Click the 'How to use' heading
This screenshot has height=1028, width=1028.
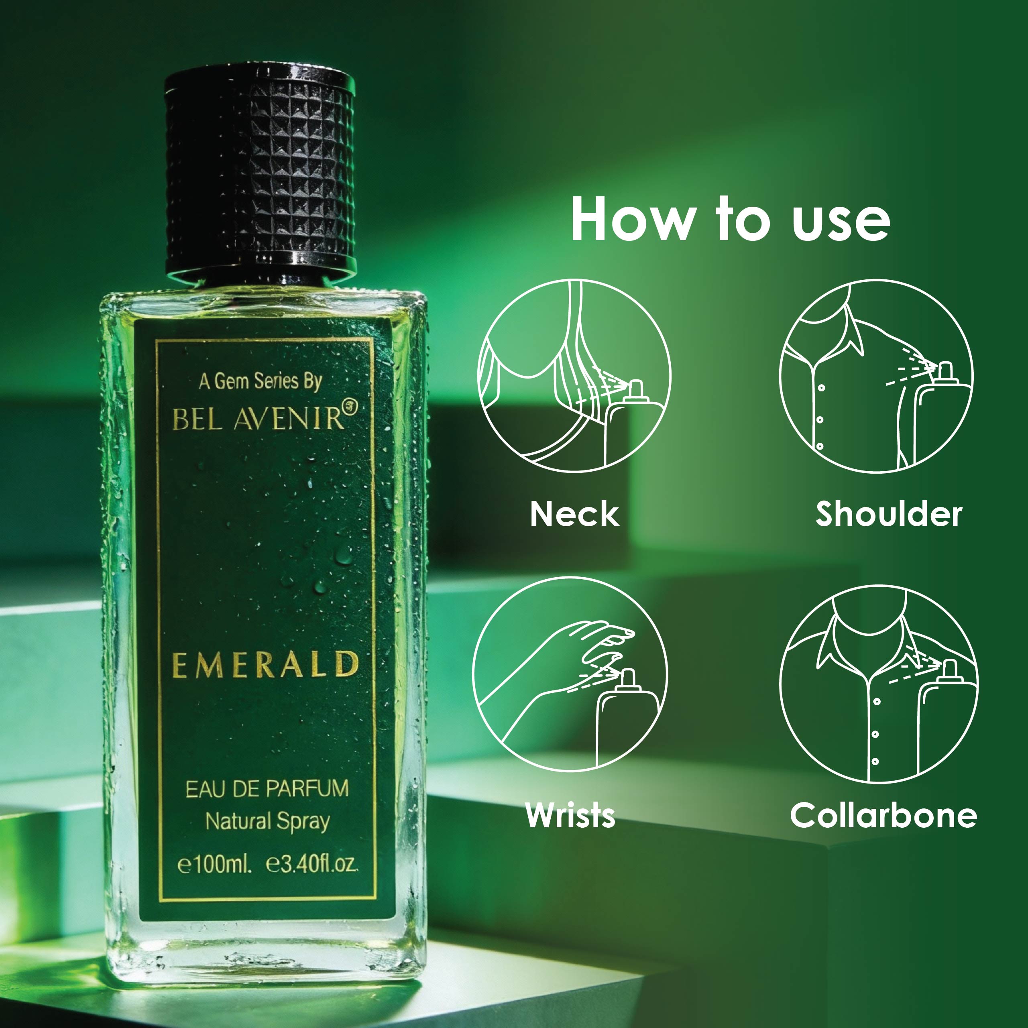[x=730, y=219]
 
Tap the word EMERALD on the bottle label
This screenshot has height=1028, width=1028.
[x=265, y=665]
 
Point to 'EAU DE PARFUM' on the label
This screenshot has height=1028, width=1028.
[x=267, y=788]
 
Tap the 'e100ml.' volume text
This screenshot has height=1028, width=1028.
[x=214, y=864]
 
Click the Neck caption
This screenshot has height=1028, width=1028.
[x=575, y=514]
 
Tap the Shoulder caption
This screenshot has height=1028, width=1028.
[x=889, y=514]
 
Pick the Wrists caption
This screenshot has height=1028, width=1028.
[x=570, y=815]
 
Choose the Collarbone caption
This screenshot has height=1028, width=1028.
[x=883, y=815]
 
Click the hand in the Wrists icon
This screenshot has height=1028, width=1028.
[x=596, y=647]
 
